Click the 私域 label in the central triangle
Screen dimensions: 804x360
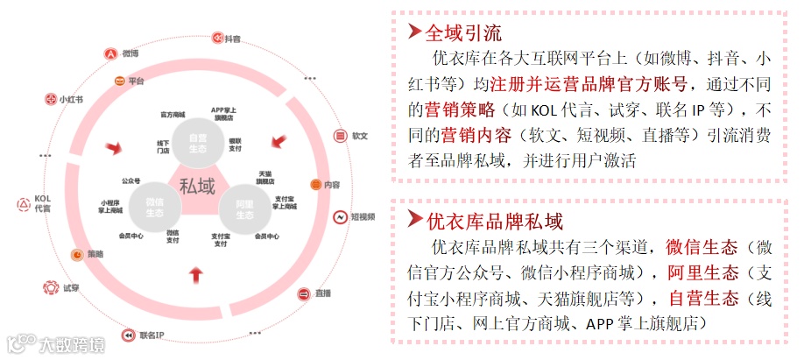click(196, 186)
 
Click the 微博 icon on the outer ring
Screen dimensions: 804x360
click(110, 53)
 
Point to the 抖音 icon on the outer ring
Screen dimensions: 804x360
click(217, 39)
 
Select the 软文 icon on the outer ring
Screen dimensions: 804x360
click(341, 136)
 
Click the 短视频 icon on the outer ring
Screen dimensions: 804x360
click(339, 216)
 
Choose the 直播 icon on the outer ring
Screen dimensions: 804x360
click(304, 293)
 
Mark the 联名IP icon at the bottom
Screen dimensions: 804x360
click(129, 335)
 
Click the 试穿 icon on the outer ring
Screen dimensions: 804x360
click(50, 287)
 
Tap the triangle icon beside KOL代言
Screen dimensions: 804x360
click(24, 204)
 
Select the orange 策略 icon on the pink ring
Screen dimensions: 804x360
click(77, 254)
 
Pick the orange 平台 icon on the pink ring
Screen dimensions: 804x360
click(119, 81)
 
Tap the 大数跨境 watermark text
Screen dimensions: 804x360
click(69, 344)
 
